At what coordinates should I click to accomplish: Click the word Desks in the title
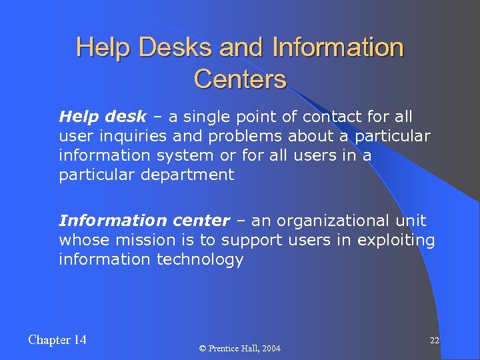coord(168,48)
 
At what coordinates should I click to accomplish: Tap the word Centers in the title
coord(240,79)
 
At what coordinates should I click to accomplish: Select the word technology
coord(200,259)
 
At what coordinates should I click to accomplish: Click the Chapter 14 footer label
coord(57,340)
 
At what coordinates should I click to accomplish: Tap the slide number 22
coord(434,341)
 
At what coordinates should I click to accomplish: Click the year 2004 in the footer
coord(271,349)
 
